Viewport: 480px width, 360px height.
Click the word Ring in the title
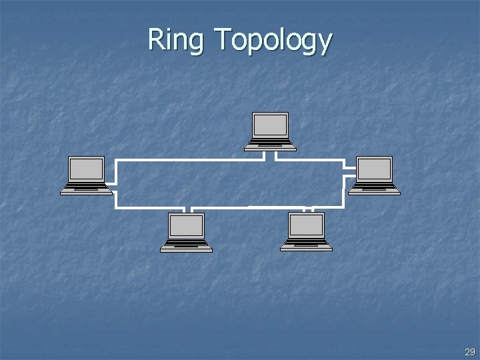[x=175, y=40]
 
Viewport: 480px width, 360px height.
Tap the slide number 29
[x=470, y=352]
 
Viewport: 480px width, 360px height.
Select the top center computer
[x=270, y=131]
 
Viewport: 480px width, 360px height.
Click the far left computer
[x=87, y=175]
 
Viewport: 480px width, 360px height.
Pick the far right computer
[x=374, y=175]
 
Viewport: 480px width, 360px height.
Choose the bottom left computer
[x=186, y=232]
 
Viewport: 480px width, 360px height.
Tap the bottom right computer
[x=306, y=232]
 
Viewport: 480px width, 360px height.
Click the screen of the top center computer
[x=270, y=125]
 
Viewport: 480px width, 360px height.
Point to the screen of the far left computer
[x=87, y=169]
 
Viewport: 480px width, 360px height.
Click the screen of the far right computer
[x=374, y=169]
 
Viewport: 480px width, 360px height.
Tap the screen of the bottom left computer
[x=186, y=226]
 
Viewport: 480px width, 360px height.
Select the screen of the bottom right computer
[x=306, y=226]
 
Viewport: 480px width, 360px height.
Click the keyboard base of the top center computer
[x=270, y=145]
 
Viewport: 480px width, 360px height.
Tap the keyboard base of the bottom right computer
[x=306, y=247]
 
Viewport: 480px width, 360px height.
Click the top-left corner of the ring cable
[x=117, y=161]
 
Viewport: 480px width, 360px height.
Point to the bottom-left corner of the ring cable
[x=117, y=207]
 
